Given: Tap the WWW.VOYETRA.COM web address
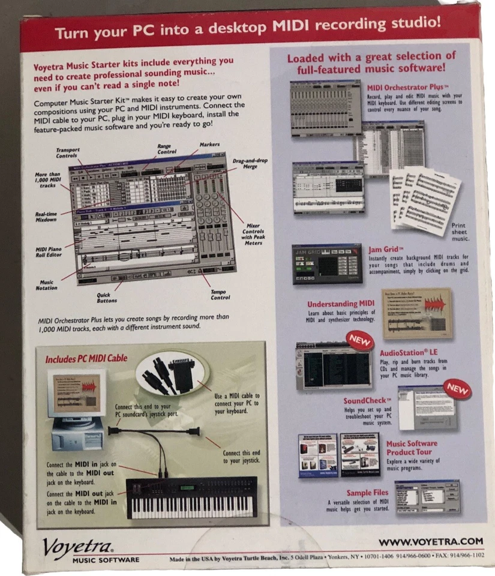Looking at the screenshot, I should click(430, 541).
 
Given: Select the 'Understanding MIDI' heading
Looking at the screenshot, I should click(341, 304).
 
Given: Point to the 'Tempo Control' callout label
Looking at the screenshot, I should click(220, 294).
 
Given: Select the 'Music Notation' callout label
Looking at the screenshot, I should click(47, 285).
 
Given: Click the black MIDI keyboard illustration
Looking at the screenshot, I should click(191, 497).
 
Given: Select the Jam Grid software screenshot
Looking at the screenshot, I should click(327, 264).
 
